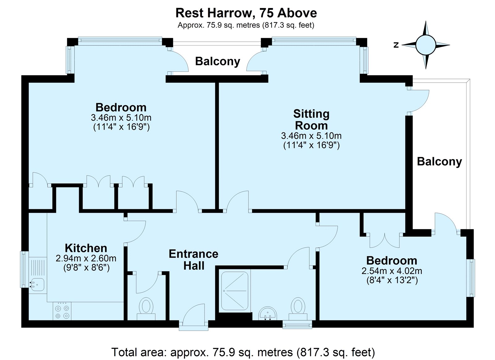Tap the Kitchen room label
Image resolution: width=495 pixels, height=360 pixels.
(86, 248)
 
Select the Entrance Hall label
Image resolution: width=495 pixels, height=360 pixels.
(194, 260)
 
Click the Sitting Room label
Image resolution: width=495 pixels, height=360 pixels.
(311, 119)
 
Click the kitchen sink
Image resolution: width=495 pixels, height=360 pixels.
(37, 283)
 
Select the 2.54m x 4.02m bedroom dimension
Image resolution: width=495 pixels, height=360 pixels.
(392, 271)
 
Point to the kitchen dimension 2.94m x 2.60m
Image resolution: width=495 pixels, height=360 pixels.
(86, 258)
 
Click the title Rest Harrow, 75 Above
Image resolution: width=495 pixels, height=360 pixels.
(246, 13)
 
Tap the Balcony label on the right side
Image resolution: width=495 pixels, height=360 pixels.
(439, 161)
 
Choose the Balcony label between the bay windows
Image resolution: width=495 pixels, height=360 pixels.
(217, 61)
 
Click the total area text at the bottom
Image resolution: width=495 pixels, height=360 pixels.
(243, 352)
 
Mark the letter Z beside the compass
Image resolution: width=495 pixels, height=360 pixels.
(396, 45)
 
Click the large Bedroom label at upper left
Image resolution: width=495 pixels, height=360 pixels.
(121, 107)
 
